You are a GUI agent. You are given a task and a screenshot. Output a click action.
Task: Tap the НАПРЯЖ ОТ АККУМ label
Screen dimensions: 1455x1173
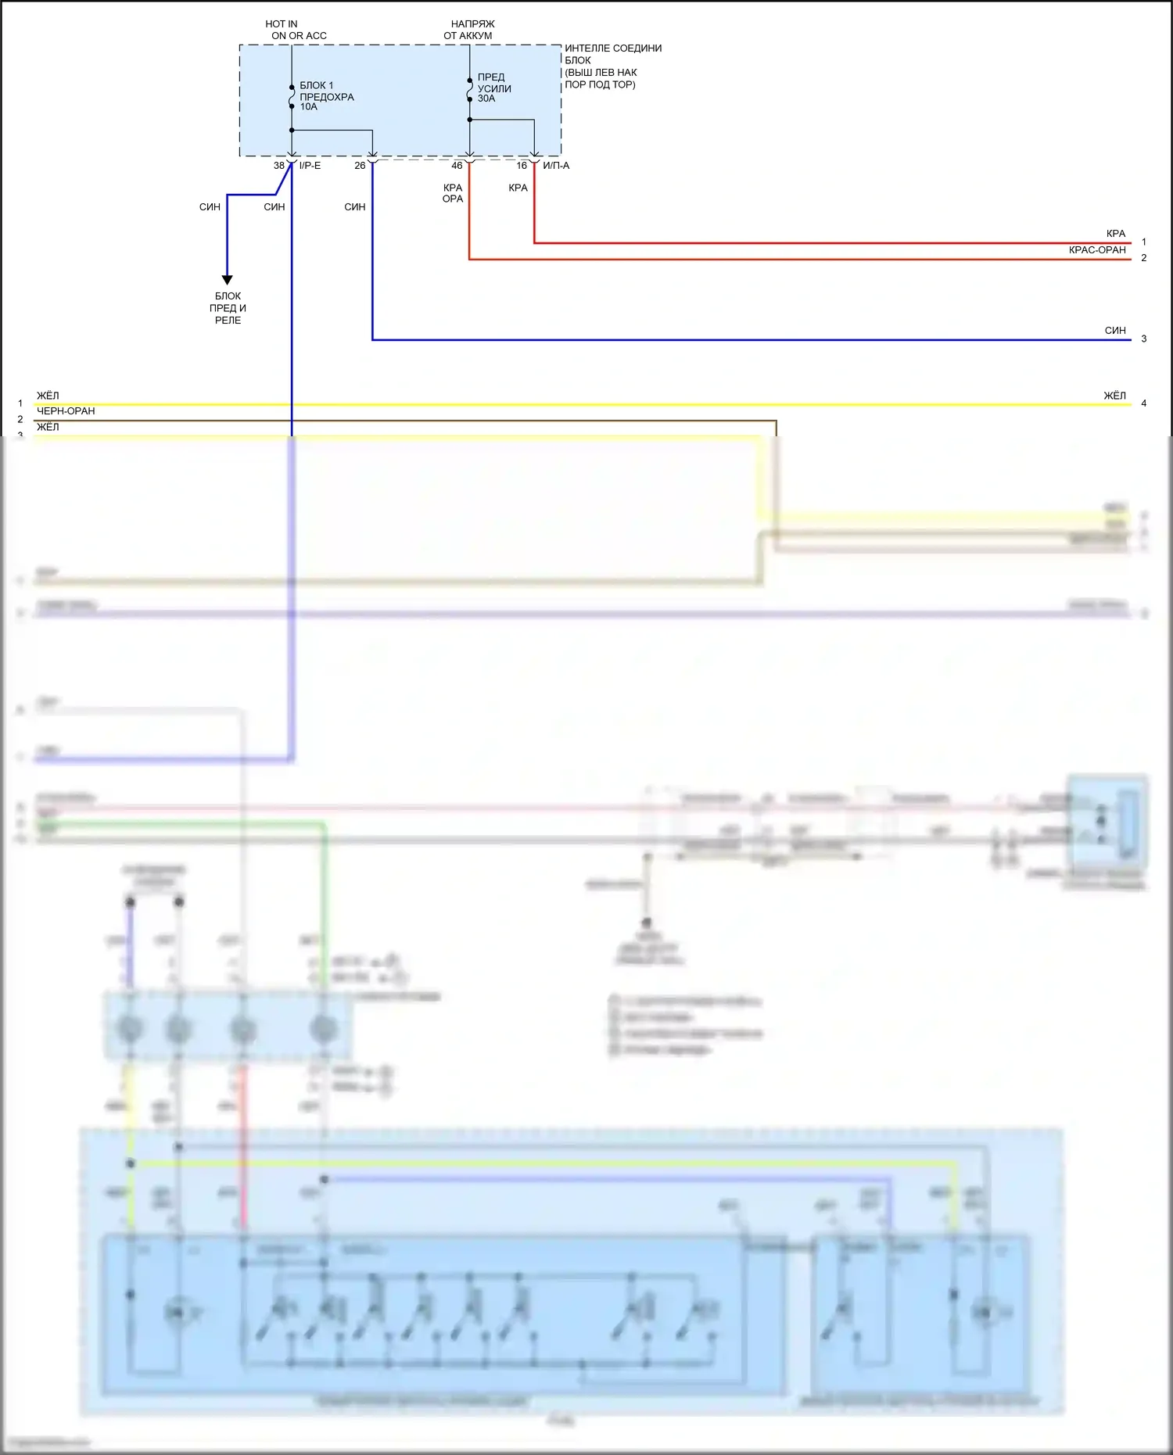click(469, 30)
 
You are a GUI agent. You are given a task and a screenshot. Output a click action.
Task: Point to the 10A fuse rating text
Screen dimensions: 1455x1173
click(309, 107)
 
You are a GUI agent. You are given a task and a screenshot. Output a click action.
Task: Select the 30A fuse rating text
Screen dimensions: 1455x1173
click(486, 99)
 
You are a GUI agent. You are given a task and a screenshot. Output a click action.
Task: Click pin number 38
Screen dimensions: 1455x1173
click(279, 166)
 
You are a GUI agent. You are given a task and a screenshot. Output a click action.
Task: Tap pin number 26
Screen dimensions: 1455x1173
click(360, 166)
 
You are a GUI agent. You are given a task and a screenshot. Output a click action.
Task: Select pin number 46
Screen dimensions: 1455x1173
click(457, 166)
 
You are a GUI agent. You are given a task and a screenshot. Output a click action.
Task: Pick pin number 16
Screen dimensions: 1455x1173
click(522, 166)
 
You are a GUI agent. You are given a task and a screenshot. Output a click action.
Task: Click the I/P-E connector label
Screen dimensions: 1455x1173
click(310, 166)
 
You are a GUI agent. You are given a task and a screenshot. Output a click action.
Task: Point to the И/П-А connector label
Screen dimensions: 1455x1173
click(556, 166)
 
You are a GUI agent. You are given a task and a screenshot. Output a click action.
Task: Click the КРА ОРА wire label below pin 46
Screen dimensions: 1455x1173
click(453, 193)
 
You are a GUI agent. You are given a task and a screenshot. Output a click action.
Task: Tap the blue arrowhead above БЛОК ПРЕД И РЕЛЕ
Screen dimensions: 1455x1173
click(228, 279)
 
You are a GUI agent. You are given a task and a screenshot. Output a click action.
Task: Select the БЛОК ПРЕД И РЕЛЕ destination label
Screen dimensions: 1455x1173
click(228, 308)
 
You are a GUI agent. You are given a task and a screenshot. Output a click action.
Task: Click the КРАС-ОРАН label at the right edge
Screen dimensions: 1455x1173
click(1097, 250)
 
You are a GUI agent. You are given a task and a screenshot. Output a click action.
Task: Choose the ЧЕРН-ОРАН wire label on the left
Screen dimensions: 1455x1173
click(66, 411)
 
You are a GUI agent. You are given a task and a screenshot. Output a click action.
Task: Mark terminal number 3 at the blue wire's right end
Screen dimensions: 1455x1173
click(1144, 339)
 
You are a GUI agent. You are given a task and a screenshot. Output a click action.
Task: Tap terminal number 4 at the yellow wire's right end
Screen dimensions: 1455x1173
click(1144, 403)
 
